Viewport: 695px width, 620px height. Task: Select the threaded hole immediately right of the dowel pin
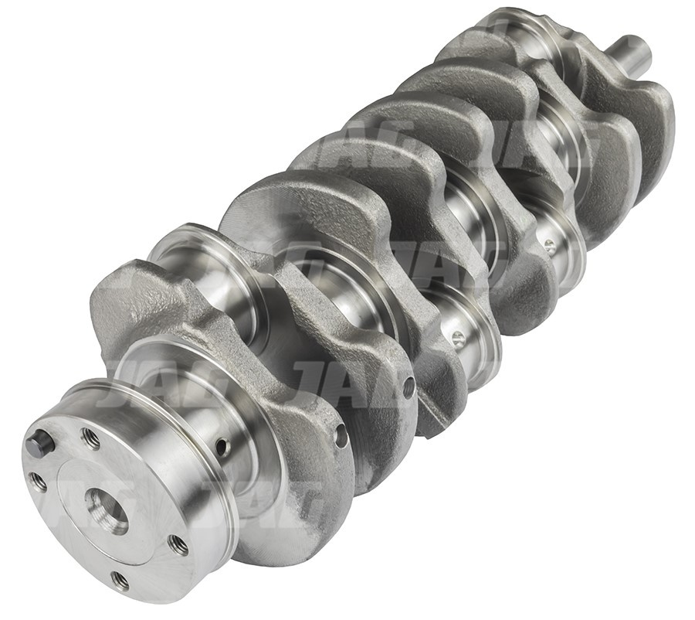(x=90, y=438)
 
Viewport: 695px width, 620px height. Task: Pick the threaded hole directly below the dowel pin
(x=37, y=482)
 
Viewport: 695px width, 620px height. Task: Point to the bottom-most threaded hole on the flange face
(x=119, y=579)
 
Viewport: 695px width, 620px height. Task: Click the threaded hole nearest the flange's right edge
(x=178, y=546)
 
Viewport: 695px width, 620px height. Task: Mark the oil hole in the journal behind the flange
(x=222, y=446)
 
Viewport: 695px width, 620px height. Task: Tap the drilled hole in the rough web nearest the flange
(x=340, y=435)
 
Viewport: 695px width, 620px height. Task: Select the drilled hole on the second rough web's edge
(x=409, y=387)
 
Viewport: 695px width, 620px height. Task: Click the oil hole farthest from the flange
(x=549, y=246)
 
